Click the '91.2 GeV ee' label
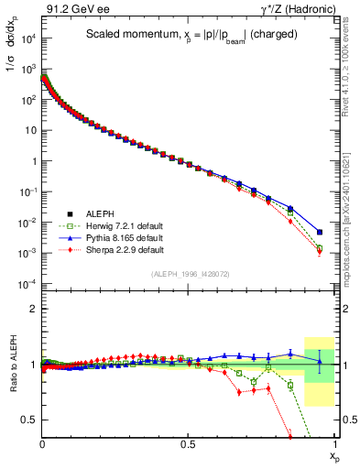(69, 8)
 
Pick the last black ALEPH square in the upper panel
(319, 232)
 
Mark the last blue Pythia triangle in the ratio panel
(319, 361)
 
